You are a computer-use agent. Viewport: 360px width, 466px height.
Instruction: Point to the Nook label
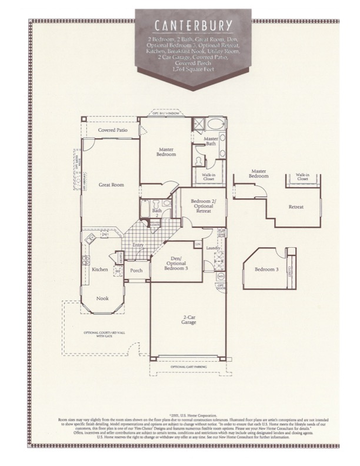(x=103, y=298)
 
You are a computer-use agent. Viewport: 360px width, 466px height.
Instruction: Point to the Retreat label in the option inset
(x=296, y=207)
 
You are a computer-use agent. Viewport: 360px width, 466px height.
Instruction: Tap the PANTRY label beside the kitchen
(x=121, y=257)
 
